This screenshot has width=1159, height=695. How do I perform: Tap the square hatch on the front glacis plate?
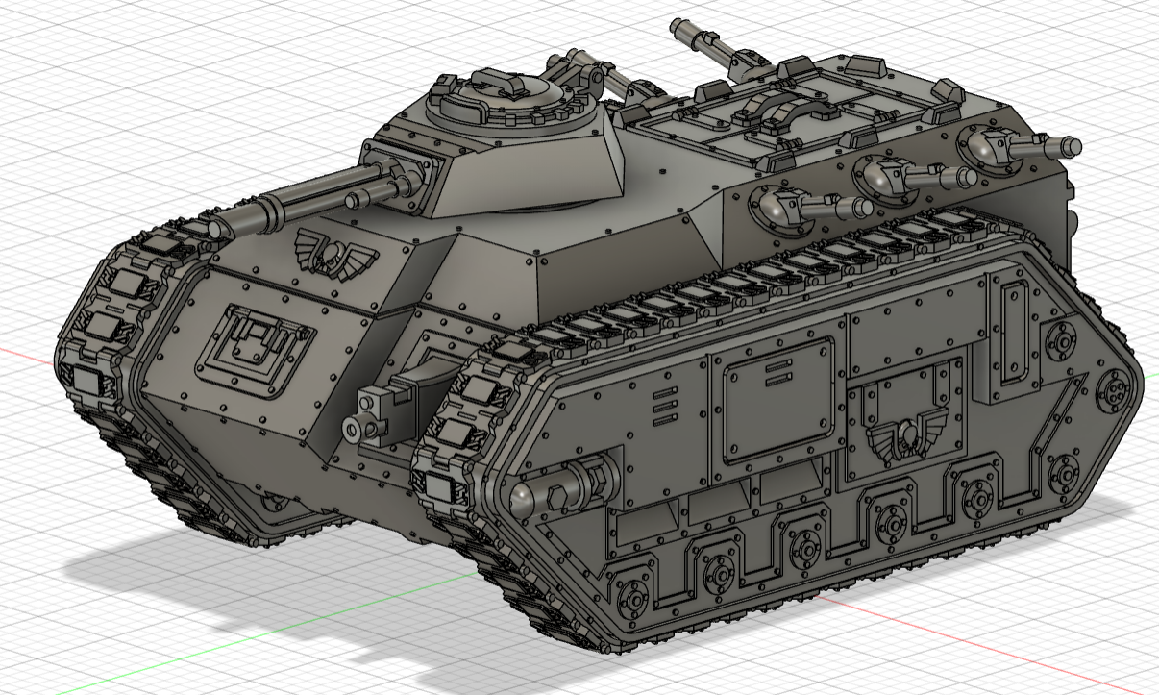point(255,349)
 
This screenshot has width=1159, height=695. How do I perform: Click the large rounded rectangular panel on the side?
point(777,400)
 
